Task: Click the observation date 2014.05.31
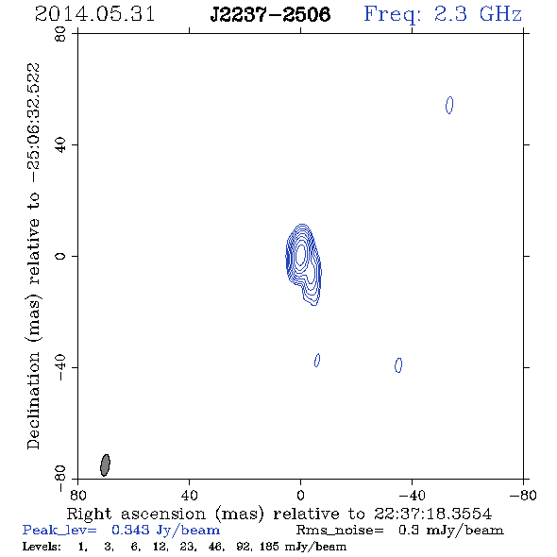click(94, 14)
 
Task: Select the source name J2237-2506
click(270, 15)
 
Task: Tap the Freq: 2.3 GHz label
click(443, 15)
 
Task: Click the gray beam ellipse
click(105, 465)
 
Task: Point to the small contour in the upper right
click(449, 105)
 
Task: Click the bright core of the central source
click(300, 254)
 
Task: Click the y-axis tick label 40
click(60, 145)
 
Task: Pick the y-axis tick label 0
click(60, 256)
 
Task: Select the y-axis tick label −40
click(60, 367)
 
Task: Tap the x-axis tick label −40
click(412, 496)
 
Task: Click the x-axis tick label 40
click(189, 496)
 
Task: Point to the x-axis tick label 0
click(300, 496)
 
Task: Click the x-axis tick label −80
click(523, 496)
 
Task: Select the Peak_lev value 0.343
click(130, 530)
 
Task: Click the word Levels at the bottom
click(42, 546)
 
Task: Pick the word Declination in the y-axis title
click(33, 401)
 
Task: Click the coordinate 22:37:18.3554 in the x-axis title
click(432, 514)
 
